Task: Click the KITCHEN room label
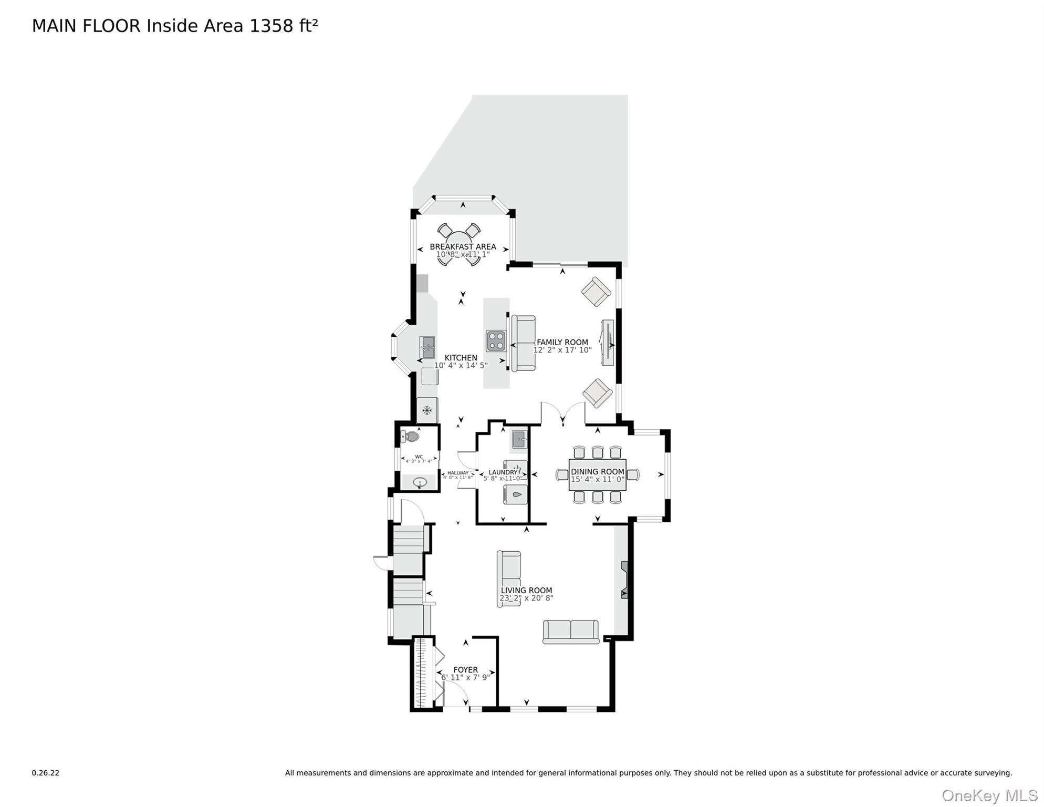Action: point(461,358)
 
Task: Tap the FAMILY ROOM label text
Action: point(562,342)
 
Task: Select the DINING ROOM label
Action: point(597,472)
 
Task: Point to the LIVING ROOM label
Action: point(526,591)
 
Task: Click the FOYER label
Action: point(465,670)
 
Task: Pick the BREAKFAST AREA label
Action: point(463,246)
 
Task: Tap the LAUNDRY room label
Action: point(503,472)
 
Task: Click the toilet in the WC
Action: point(411,437)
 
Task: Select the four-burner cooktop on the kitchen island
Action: point(496,341)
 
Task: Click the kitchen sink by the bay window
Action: point(428,347)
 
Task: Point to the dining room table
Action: point(597,475)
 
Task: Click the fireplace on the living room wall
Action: point(624,580)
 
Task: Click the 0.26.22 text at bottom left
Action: point(46,773)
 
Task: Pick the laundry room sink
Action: point(519,439)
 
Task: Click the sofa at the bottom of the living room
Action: point(570,632)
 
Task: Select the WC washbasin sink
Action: point(420,482)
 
